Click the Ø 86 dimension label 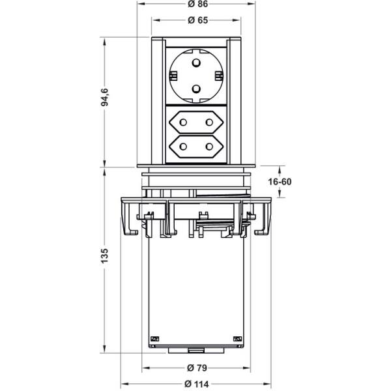(x=197, y=4)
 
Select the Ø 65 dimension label (x=197, y=20)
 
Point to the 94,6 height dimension (x=105, y=97)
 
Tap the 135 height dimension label (x=105, y=255)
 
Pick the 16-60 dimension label (x=280, y=182)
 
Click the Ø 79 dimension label (x=197, y=368)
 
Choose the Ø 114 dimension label (x=197, y=384)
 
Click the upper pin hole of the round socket (x=196, y=62)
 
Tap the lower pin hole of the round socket (x=196, y=88)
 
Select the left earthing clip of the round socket (x=173, y=76)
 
